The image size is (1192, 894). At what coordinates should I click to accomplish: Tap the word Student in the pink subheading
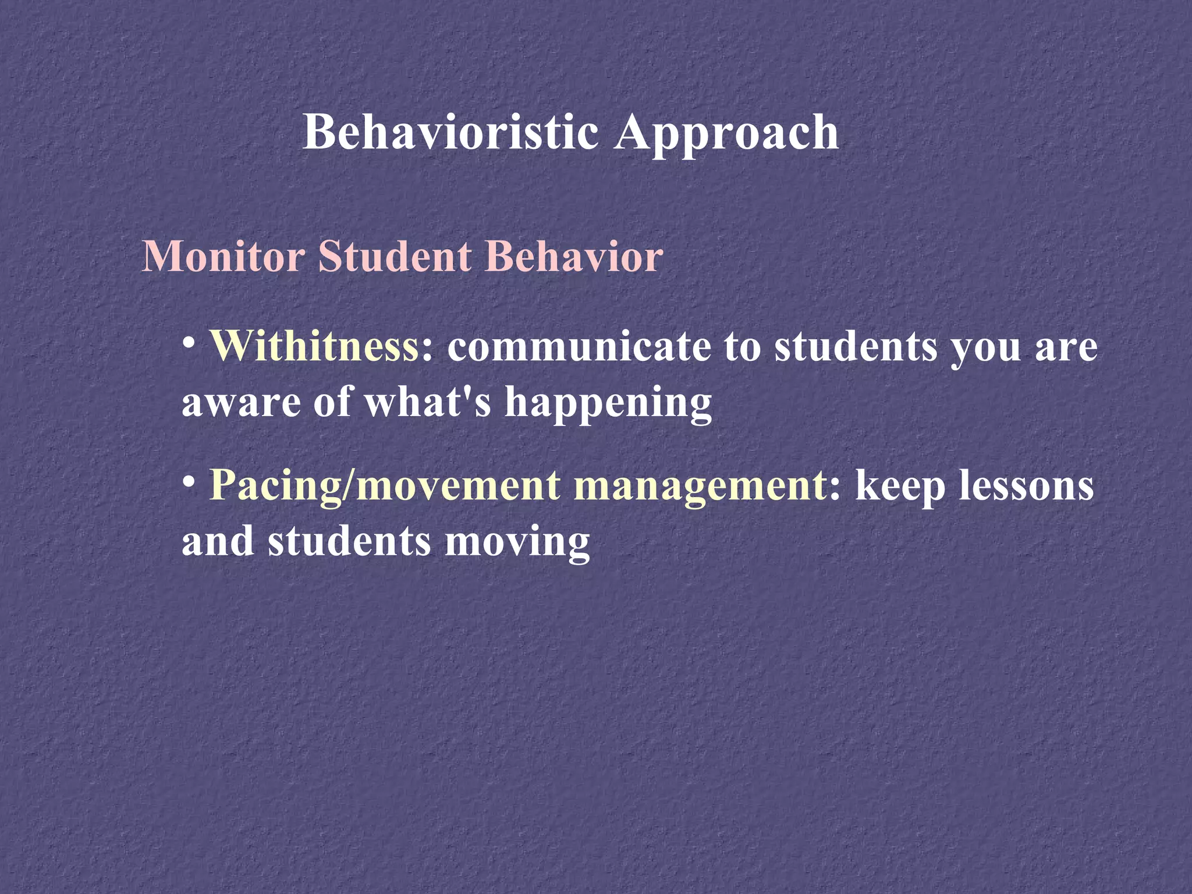395,257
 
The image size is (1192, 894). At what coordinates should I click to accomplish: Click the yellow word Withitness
314,347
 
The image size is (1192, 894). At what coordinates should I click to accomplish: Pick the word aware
242,403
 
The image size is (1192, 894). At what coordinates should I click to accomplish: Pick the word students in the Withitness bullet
856,347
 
